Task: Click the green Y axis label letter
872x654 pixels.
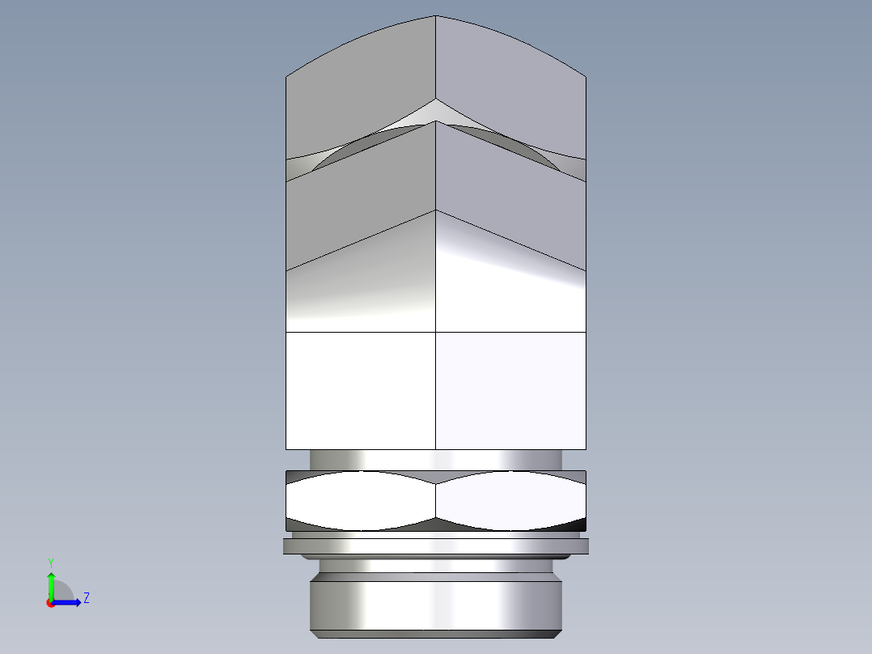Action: (x=50, y=561)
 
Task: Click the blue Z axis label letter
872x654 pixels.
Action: (x=86, y=598)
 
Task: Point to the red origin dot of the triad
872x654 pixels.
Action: (x=50, y=602)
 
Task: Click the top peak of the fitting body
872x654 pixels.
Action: (x=436, y=17)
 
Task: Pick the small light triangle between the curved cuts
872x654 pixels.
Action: (x=436, y=112)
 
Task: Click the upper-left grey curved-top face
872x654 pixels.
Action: (x=360, y=89)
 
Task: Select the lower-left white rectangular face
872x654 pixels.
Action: (x=361, y=390)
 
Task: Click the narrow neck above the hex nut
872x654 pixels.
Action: (x=436, y=459)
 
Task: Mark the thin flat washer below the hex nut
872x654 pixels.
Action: (x=436, y=546)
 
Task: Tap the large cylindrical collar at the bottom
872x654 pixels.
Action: (x=436, y=603)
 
